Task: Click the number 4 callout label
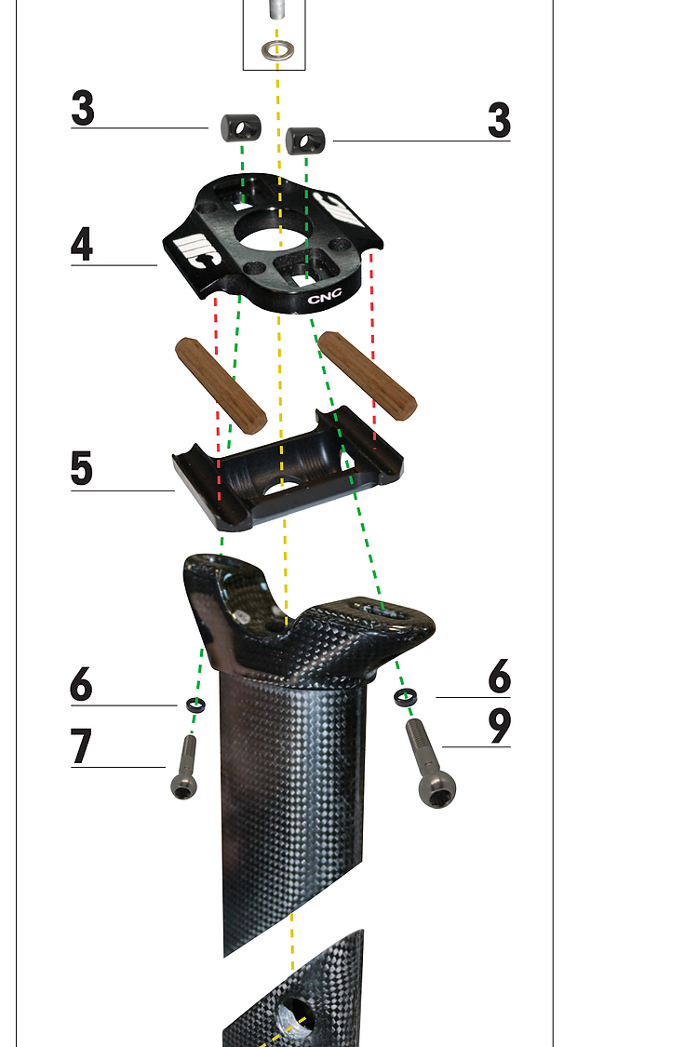point(82,244)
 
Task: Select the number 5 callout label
point(82,468)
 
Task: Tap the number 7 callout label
point(81,745)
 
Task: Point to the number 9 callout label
point(499,726)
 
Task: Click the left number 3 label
point(83,108)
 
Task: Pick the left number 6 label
point(81,684)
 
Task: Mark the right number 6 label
point(500,677)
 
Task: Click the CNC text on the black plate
point(325,296)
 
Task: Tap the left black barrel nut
point(240,128)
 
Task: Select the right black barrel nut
point(305,141)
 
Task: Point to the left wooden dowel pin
point(221,385)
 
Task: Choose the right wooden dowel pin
point(368,376)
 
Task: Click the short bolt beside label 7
point(185,767)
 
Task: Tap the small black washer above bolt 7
point(195,704)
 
